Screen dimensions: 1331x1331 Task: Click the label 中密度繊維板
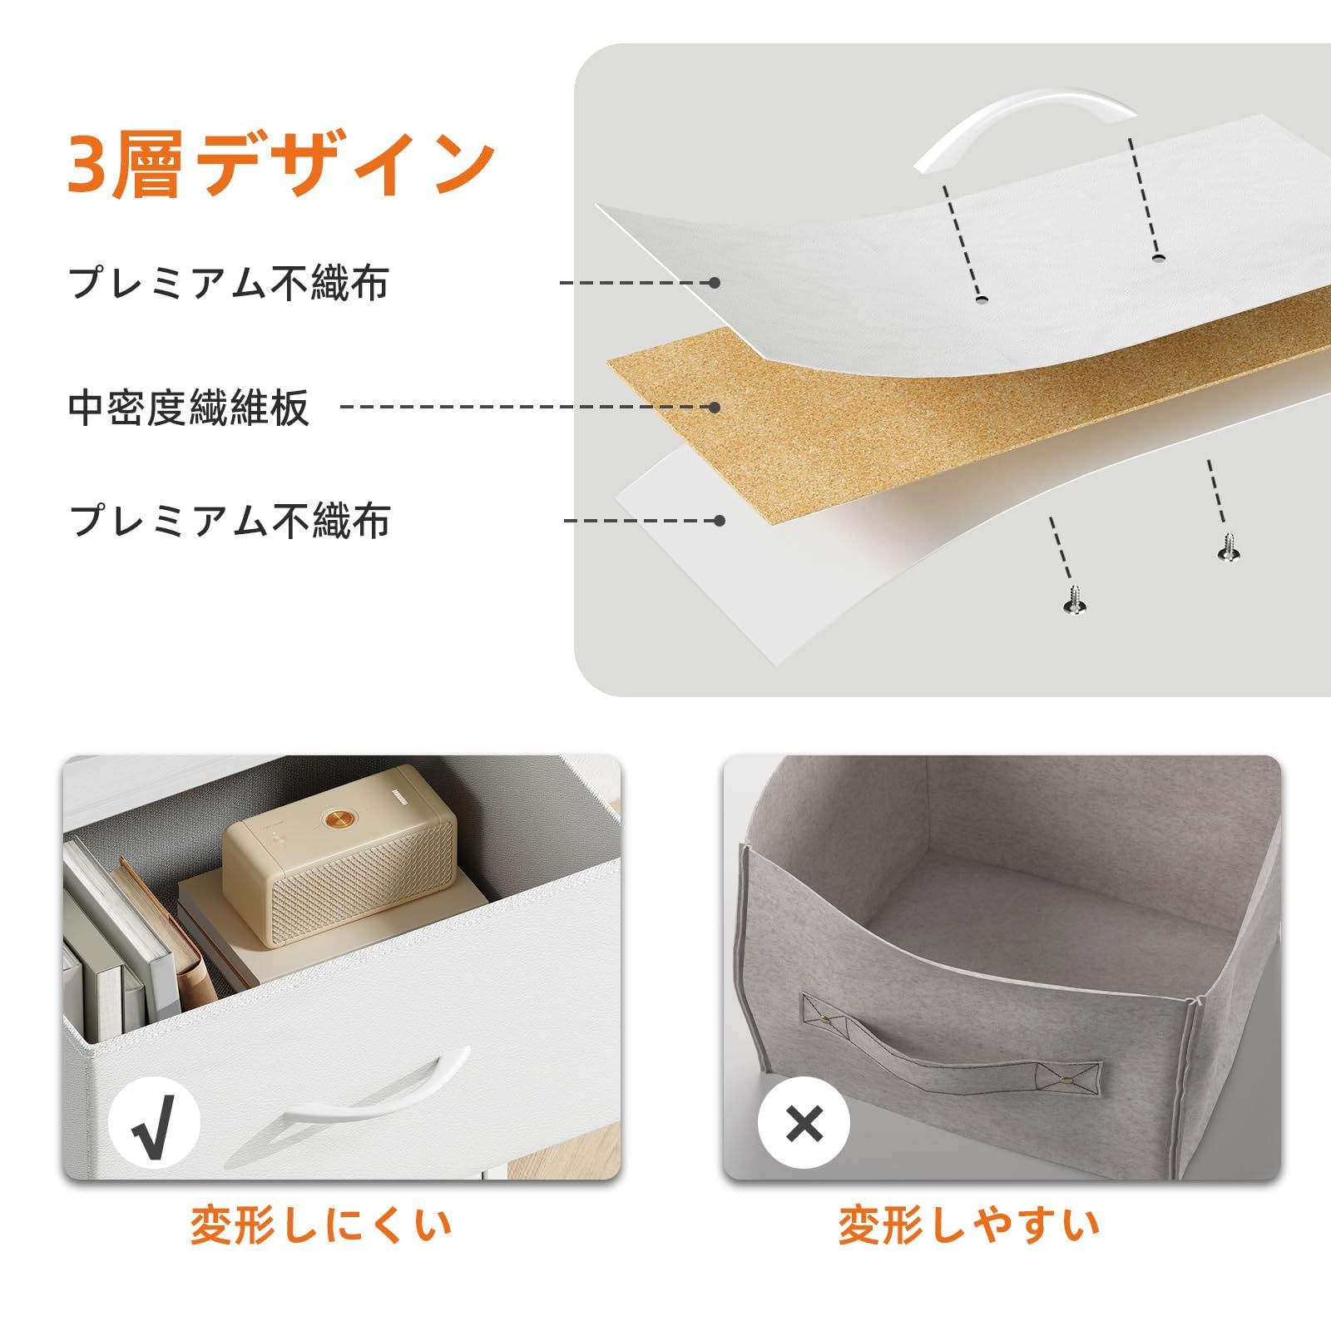tap(189, 408)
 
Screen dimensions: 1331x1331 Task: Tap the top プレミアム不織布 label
tap(229, 283)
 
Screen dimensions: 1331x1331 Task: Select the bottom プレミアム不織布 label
tap(230, 521)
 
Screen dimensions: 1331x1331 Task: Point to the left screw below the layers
tap(1074, 599)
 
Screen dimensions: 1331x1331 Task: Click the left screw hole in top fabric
tap(982, 298)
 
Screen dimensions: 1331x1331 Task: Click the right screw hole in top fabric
tap(1158, 258)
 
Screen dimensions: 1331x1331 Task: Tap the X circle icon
tap(804, 1124)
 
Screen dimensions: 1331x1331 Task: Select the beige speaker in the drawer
tap(340, 857)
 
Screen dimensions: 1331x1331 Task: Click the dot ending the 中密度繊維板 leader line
tap(714, 407)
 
